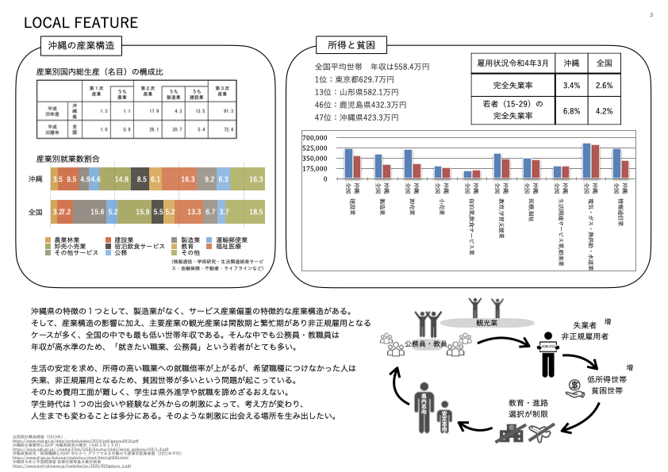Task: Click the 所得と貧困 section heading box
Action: coord(340,44)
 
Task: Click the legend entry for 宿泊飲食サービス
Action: coord(140,245)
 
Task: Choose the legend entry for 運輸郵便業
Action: coord(231,239)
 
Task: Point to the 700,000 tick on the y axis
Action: coord(314,137)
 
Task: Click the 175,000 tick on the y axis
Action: coord(314,168)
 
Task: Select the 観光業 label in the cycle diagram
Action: coord(486,324)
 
